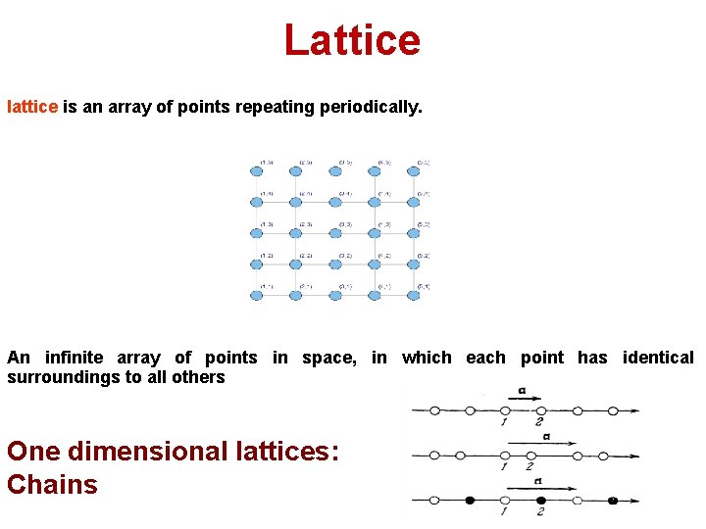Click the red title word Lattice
coord(352,40)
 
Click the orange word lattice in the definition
coord(32,107)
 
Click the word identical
coord(658,358)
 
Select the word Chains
coord(52,484)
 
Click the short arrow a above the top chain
coord(525,399)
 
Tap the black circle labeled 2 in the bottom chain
coord(541,501)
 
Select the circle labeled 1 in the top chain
coord(505,410)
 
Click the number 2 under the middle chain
coord(529,466)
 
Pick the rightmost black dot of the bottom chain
coord(612,501)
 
